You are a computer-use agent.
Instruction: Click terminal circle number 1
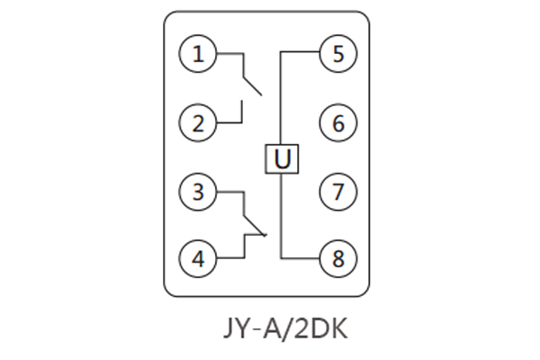tap(198, 54)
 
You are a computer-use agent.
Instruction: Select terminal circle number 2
tap(198, 122)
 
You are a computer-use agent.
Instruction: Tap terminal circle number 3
tap(198, 191)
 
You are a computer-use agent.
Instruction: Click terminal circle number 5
tap(338, 54)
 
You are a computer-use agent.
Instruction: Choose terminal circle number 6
tap(338, 122)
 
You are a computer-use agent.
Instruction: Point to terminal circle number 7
tap(338, 191)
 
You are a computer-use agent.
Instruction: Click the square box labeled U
tap(282, 159)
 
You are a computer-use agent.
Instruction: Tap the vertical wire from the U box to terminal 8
tap(282, 216)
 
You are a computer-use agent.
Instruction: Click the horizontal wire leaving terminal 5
tap(301, 53)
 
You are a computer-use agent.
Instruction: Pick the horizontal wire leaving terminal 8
tap(301, 258)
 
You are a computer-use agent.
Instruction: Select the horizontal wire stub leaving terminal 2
tap(229, 122)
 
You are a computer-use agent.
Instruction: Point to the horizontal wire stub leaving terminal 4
tap(229, 258)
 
